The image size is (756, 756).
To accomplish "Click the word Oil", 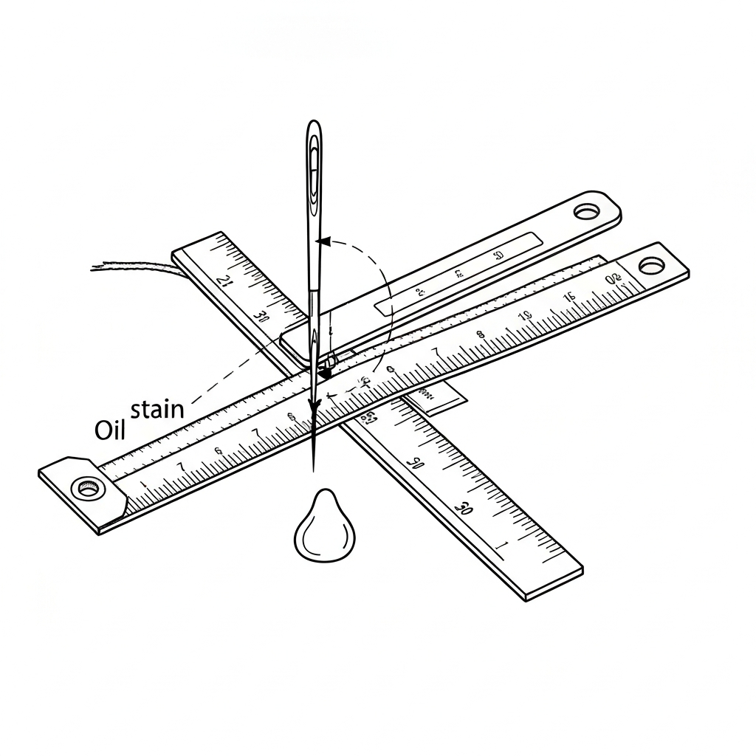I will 111,430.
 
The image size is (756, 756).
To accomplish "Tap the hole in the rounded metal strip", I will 588,212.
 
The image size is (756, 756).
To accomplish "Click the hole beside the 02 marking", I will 651,265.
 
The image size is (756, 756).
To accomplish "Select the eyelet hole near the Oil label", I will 88,488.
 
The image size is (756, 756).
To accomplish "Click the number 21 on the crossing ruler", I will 224,281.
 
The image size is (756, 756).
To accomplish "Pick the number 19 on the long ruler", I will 523,316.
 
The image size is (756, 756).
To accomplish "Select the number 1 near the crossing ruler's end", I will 504,546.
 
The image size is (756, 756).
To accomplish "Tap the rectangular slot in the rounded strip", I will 458,271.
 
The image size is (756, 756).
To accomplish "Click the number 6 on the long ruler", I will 219,451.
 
